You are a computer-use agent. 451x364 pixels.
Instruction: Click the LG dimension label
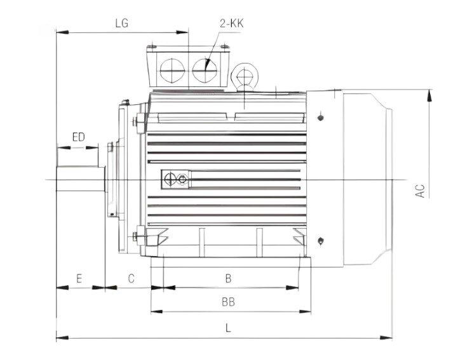(x=121, y=23)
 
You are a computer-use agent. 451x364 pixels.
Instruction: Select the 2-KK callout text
(x=232, y=23)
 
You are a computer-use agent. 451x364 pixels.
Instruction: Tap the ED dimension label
(x=78, y=137)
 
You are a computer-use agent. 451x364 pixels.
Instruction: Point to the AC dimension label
(x=420, y=191)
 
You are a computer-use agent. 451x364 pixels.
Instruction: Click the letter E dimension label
(x=79, y=278)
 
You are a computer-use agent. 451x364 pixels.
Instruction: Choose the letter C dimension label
(x=131, y=278)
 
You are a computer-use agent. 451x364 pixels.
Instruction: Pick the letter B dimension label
(x=229, y=278)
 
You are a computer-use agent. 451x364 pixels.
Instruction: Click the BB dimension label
(x=229, y=303)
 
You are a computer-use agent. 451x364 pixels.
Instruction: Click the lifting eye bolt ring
(x=245, y=75)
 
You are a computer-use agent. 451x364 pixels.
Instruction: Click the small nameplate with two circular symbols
(x=175, y=180)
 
